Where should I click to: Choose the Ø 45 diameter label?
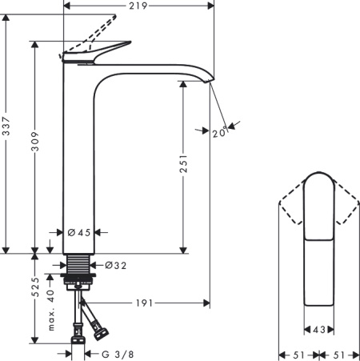[x=81, y=232]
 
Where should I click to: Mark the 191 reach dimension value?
[x=144, y=303]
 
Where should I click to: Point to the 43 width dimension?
[x=318, y=329]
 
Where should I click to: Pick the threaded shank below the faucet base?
[x=80, y=264]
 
